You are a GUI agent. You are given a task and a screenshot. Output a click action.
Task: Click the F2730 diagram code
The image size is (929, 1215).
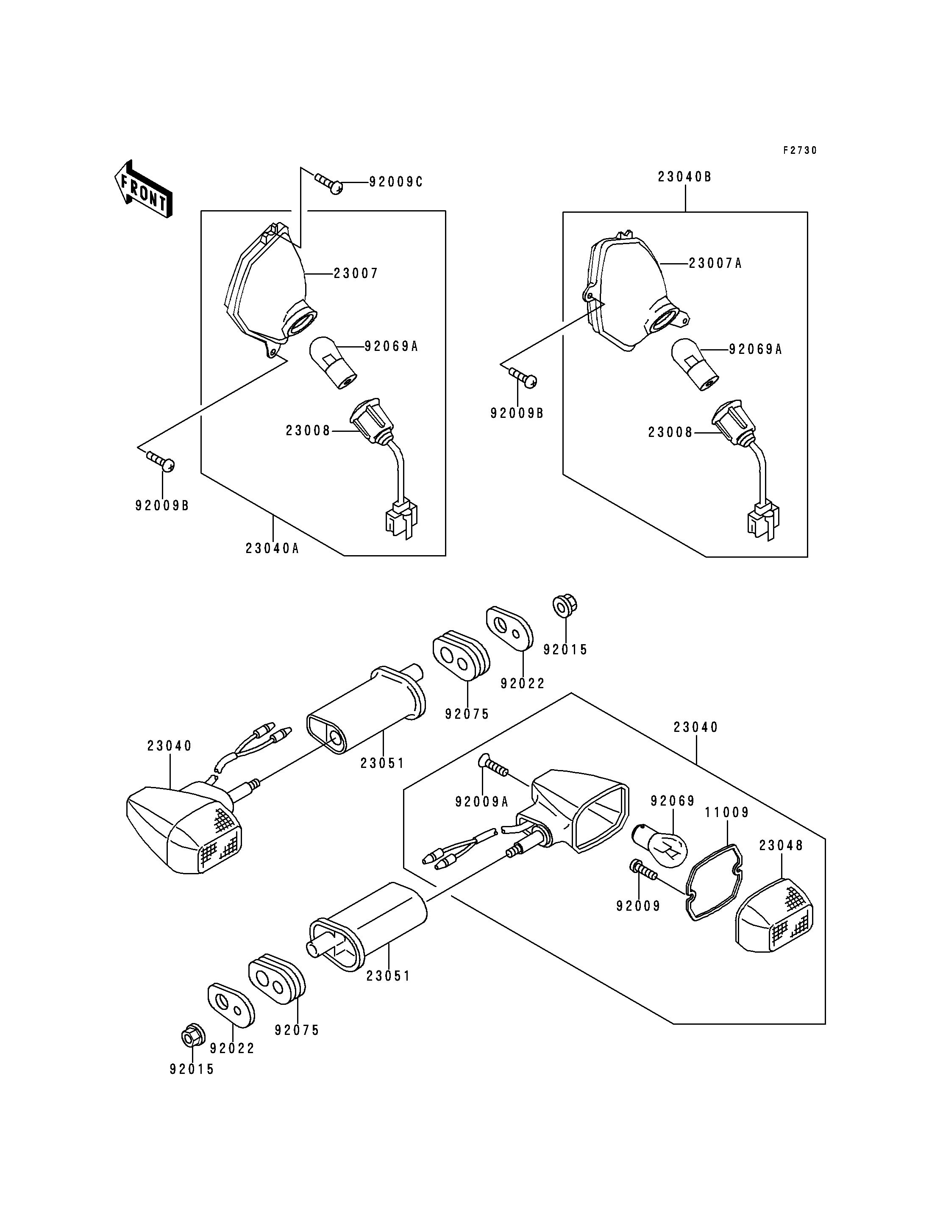(800, 150)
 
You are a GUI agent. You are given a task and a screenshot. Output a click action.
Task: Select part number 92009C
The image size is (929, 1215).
(396, 182)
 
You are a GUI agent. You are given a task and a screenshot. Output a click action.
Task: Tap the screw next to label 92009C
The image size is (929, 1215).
(328, 183)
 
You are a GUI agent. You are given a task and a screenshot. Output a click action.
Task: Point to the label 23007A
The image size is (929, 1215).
(715, 264)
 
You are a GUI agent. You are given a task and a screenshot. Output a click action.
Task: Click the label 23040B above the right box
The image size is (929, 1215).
(684, 177)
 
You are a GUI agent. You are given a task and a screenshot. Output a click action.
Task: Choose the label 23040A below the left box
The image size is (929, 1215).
(273, 549)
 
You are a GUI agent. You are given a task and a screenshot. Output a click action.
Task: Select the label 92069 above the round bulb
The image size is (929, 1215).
(673, 801)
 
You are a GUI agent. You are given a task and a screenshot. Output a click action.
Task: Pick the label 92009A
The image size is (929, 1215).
(481, 802)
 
